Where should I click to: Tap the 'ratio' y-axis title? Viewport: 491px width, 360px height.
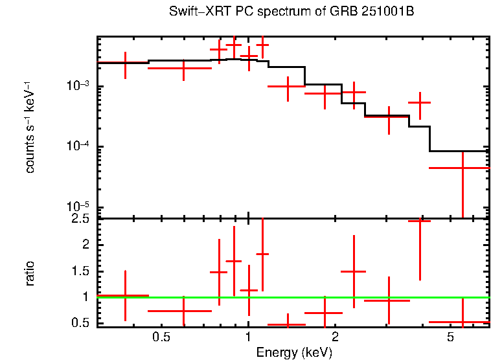click(x=30, y=273)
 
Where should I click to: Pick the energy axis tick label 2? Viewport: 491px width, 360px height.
click(x=335, y=338)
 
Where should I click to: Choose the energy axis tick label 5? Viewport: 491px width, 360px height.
click(x=450, y=338)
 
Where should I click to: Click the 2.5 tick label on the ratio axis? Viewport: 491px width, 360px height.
click(x=82, y=219)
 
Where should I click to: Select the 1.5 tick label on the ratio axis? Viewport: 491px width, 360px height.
click(x=82, y=271)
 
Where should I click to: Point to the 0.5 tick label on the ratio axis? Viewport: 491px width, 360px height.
click(x=82, y=323)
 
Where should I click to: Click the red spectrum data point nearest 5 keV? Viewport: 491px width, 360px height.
click(x=462, y=168)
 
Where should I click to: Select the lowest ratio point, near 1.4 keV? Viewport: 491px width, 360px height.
click(x=286, y=324)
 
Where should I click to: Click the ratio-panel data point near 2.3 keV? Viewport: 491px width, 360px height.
click(x=354, y=271)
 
